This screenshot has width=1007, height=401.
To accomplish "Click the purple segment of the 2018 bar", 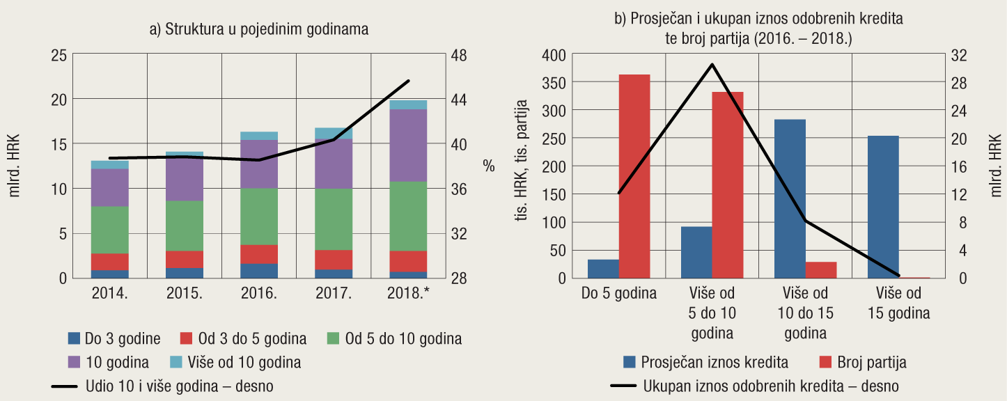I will pos(408,145).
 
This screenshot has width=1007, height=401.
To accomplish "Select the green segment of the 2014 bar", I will pos(110,230).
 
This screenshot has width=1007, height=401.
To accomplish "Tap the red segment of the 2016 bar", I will pos(259,254).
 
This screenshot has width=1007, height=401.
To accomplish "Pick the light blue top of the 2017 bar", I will pos(334,133).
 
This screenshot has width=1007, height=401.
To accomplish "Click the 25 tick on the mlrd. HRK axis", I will pos(60,55).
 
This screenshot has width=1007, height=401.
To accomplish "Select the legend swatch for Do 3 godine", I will pos(75,339).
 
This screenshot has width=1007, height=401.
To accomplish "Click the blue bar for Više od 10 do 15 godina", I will pos(790,198).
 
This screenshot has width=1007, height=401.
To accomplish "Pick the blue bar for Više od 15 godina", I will pos(882,207).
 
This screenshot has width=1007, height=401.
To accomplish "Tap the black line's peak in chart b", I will pos(712,64).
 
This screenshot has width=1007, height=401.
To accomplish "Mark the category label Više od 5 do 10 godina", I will pos(712,313).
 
